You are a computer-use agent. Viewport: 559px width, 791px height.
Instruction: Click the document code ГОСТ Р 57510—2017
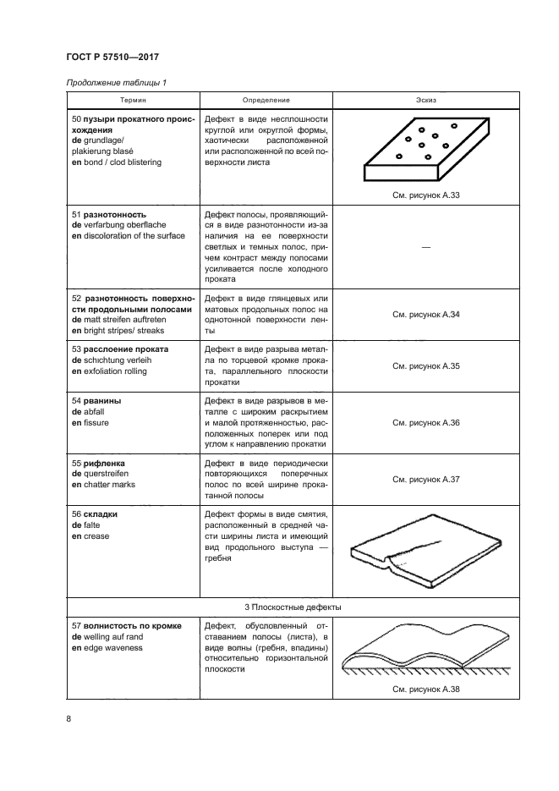112,58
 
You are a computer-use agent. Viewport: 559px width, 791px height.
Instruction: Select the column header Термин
132,100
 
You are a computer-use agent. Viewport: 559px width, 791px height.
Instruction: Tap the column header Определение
266,100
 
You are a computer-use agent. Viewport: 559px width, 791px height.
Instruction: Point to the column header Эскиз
426,100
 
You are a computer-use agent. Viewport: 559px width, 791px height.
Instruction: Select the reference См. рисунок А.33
426,195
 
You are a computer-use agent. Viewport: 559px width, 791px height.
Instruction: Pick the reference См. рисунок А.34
426,315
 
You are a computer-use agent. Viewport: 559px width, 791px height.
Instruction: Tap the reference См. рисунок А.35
426,365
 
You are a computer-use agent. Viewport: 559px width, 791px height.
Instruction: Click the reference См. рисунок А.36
426,422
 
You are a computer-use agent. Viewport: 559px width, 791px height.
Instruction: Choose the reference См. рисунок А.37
426,479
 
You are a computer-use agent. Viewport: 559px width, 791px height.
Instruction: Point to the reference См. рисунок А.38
426,689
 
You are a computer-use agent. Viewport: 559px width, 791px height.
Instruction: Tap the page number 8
69,719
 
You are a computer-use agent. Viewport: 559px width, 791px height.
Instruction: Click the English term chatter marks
107,485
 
